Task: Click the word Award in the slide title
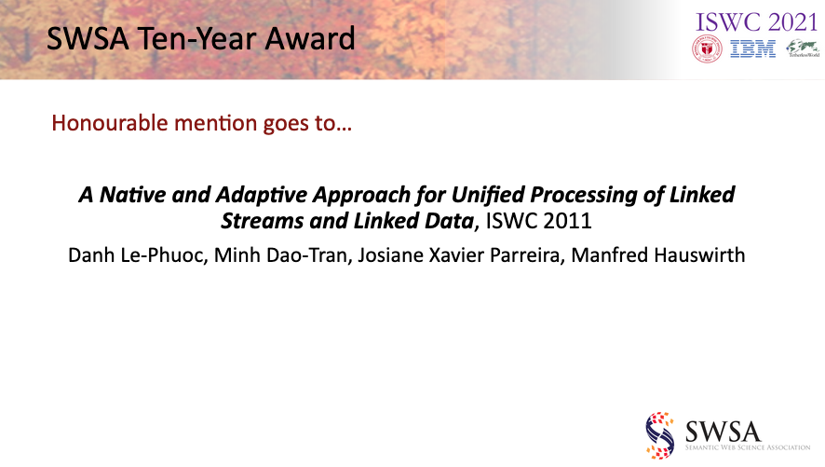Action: tap(310, 38)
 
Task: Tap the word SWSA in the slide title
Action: tap(88, 38)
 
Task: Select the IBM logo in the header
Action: tap(753, 49)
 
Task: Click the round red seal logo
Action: tap(707, 49)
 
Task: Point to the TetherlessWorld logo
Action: tap(803, 48)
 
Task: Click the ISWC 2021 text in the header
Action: tap(757, 22)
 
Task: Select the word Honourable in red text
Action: tap(110, 123)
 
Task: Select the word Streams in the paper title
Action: tap(262, 221)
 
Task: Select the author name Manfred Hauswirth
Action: tap(658, 255)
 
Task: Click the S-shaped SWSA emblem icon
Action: tap(660, 435)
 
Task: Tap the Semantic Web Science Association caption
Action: tap(748, 447)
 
